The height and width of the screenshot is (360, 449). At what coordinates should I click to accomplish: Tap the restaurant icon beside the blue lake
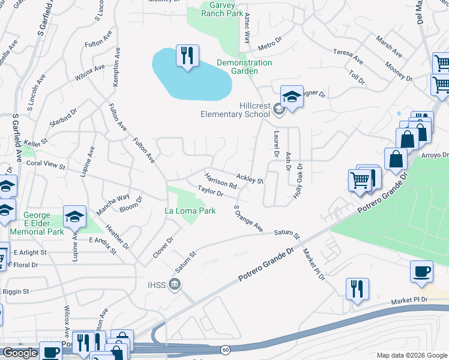[187, 56]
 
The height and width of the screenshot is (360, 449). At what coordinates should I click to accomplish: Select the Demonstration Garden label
[244, 67]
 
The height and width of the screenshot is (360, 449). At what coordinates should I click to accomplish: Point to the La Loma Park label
[190, 211]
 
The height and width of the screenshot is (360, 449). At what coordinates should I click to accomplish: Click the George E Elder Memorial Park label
[43, 223]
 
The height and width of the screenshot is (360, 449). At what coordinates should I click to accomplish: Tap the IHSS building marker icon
[175, 284]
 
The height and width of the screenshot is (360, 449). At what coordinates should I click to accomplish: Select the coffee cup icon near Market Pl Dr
[421, 271]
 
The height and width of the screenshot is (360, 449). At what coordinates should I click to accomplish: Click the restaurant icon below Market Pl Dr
[357, 288]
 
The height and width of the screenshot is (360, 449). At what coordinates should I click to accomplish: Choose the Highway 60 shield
[224, 348]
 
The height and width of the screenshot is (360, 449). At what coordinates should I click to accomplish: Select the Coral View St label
[45, 163]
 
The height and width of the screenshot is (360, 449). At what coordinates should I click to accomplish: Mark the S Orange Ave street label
[248, 219]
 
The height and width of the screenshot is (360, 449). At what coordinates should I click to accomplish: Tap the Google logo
[20, 353]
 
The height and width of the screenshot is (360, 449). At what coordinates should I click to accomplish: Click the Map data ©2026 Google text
[412, 355]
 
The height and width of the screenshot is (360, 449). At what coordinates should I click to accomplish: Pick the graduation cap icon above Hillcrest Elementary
[291, 97]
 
